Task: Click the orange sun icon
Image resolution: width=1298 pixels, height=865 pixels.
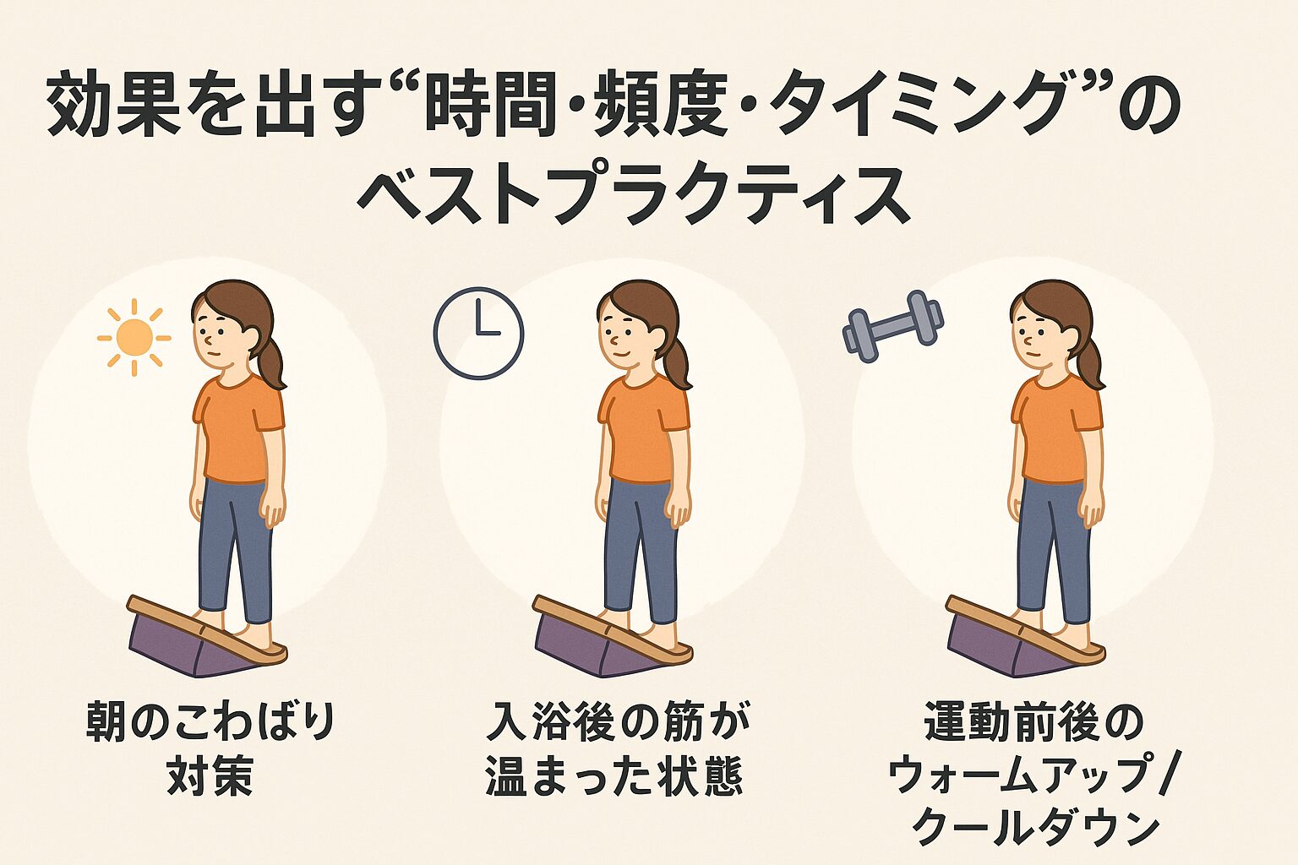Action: point(134,337)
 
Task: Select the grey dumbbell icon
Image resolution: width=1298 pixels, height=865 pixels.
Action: point(893,326)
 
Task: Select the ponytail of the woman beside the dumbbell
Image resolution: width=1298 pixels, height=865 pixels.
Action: point(1092,362)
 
